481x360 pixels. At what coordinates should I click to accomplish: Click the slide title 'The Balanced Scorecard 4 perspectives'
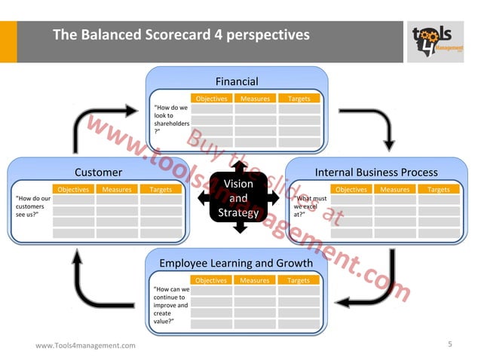[180, 35]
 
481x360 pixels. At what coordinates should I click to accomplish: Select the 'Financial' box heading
[236, 81]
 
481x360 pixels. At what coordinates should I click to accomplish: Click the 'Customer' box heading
[98, 172]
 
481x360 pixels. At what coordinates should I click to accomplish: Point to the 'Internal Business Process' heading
[375, 172]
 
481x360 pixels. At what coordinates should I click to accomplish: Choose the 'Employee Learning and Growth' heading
[236, 263]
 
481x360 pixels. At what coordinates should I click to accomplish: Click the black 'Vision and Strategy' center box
[238, 198]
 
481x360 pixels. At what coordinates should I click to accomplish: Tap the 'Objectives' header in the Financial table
[211, 99]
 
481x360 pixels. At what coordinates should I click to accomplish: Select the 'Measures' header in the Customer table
[117, 190]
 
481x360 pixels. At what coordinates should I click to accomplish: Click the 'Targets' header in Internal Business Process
[439, 190]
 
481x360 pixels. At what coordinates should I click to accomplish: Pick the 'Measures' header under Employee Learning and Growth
[255, 280]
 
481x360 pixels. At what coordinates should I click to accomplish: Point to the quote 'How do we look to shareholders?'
[171, 119]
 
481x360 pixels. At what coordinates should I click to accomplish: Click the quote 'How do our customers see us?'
[32, 206]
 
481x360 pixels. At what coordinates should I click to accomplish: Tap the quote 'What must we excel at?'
[310, 206]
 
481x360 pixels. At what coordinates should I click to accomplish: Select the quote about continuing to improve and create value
[171, 304]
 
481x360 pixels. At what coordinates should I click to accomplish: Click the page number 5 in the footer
[450, 344]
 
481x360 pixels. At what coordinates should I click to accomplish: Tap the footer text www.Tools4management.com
[85, 345]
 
